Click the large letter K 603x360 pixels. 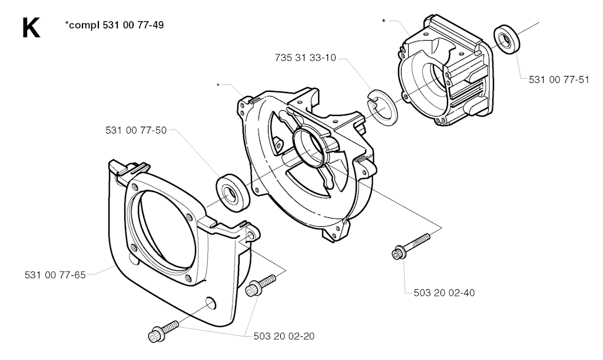pyautogui.click(x=31, y=28)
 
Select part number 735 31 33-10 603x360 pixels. pyautogui.click(x=306, y=57)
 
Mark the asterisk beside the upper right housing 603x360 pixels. pyautogui.click(x=384, y=21)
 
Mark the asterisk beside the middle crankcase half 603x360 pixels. pyautogui.click(x=218, y=85)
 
